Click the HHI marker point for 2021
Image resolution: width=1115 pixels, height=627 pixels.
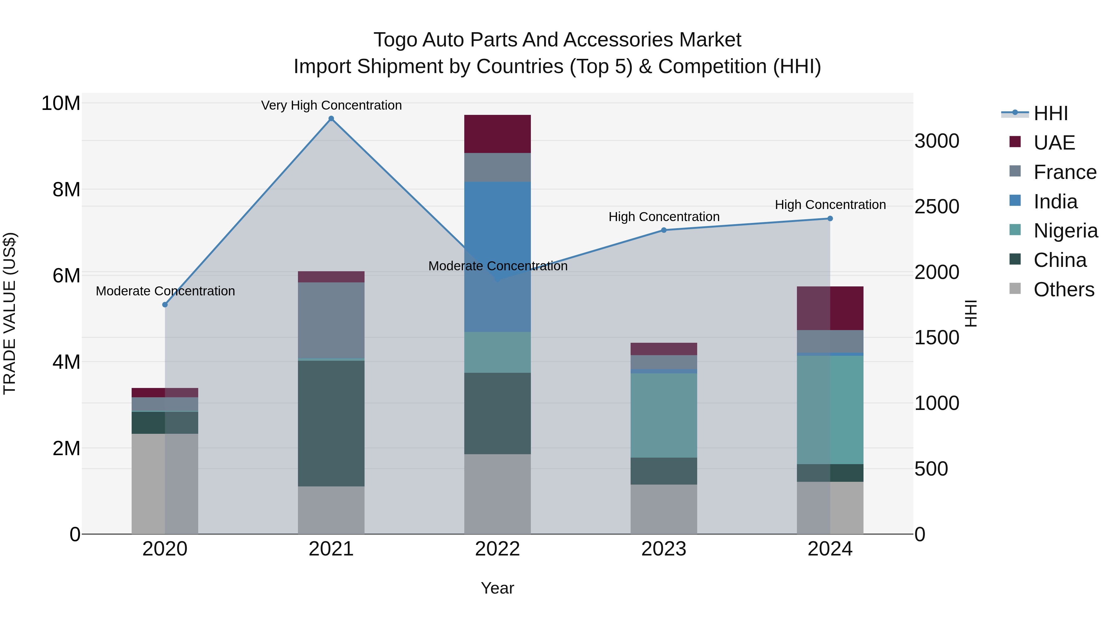point(331,119)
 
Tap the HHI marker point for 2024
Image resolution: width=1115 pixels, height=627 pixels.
point(830,219)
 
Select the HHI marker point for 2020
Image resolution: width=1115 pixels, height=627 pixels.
point(165,305)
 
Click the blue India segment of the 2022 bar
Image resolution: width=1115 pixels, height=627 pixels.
point(497,257)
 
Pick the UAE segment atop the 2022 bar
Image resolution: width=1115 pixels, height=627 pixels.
point(497,134)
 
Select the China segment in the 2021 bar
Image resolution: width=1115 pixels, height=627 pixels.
point(331,423)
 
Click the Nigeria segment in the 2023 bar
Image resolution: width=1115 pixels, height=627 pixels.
point(663,416)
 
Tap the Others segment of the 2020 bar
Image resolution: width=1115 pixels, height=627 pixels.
point(165,483)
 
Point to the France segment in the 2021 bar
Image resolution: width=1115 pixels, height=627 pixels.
point(331,320)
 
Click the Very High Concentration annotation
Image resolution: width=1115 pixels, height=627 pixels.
point(331,105)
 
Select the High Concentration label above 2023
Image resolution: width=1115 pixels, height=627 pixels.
point(663,217)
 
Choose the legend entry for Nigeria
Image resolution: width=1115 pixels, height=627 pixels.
point(1065,231)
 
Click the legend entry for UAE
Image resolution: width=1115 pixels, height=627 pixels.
point(1054,143)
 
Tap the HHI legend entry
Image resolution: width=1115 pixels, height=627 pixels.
point(1050,113)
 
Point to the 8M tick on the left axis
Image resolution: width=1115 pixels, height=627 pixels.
point(66,189)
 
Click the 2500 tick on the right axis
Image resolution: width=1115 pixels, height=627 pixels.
point(937,207)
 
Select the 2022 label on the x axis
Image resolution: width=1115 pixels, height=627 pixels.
point(497,549)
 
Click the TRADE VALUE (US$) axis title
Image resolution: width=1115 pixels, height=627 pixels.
point(10,313)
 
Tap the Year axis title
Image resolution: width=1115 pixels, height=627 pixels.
point(497,588)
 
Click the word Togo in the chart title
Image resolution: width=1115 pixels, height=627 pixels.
point(395,40)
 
